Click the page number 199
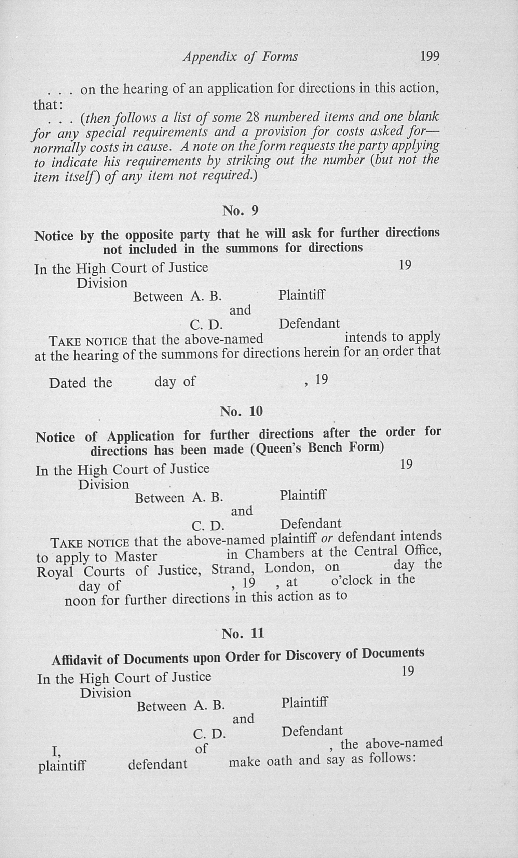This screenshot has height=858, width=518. coord(430,56)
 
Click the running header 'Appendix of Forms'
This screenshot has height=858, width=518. coord(240,57)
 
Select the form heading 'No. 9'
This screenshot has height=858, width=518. coord(240,210)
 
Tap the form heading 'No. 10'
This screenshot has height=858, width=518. coord(241,412)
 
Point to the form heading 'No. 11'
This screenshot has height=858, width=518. coord(243,633)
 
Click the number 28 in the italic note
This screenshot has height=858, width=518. coord(252,117)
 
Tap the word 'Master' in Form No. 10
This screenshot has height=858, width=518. coord(136,556)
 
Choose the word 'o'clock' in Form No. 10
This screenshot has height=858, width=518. coord(352,580)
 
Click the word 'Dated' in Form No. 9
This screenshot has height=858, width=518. coord(68,383)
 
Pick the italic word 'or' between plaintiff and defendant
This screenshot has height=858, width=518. coord(327,539)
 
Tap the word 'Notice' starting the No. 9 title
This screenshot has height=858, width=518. coord(54,236)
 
